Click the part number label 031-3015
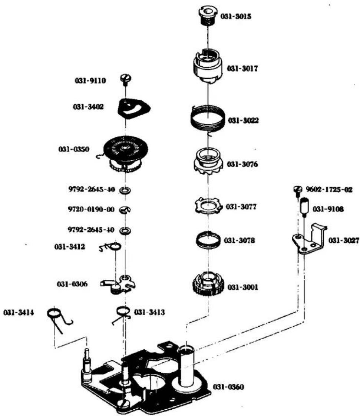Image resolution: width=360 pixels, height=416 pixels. (236, 16)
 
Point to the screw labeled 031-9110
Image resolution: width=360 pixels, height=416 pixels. (126, 79)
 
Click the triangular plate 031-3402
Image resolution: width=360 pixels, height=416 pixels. (133, 108)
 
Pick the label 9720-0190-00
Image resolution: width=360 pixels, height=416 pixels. (91, 210)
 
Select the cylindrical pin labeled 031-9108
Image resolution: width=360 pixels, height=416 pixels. (304, 208)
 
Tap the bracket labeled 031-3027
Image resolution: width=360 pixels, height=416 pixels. (309, 239)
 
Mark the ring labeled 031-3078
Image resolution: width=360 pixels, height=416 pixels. (208, 239)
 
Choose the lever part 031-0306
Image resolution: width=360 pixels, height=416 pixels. (118, 284)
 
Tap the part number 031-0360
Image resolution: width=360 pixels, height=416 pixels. (228, 387)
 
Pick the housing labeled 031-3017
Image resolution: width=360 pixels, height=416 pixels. (208, 66)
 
